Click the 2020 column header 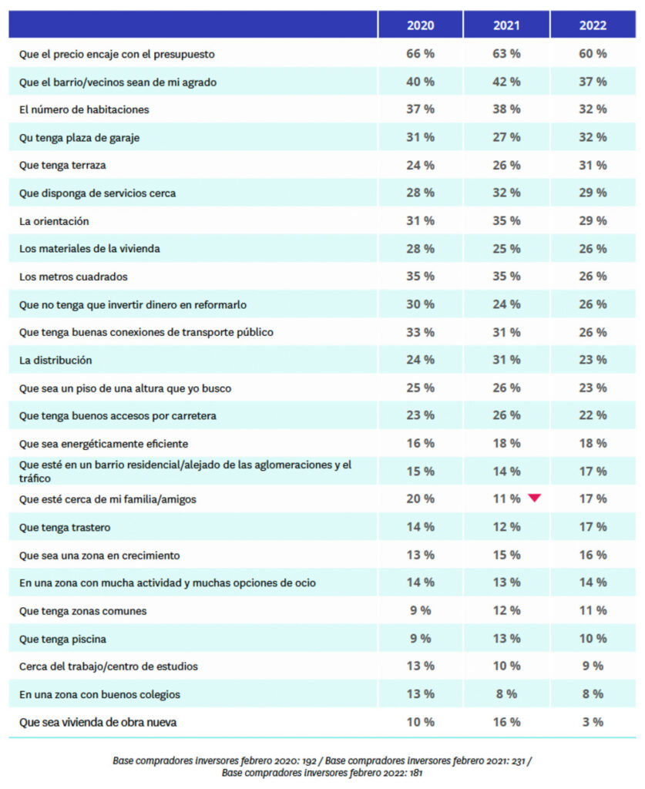[x=420, y=25]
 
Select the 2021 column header [x=506, y=25]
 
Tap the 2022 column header [x=593, y=25]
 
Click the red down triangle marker [x=535, y=499]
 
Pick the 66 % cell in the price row [x=420, y=54]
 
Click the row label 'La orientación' [x=54, y=221]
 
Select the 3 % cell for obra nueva [x=593, y=722]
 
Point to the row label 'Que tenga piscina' [x=62, y=639]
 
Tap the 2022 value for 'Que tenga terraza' [x=593, y=165]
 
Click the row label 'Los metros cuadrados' [x=73, y=277]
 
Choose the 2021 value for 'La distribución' [x=506, y=360]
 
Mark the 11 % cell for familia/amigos [x=506, y=499]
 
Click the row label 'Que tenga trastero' [x=64, y=527]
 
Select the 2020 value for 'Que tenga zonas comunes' [x=420, y=610]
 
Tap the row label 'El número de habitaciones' [x=84, y=109]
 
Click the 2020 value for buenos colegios [x=420, y=694]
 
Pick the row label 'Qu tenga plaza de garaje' [x=79, y=137]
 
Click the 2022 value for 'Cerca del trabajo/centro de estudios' [x=593, y=666]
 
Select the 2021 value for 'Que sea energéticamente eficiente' [x=506, y=444]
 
